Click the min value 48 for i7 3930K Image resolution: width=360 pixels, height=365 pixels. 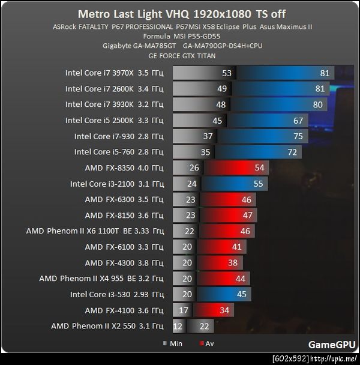tap(221, 104)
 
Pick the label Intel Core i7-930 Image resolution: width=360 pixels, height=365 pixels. tap(119, 136)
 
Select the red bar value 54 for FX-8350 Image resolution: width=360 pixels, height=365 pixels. tap(260, 168)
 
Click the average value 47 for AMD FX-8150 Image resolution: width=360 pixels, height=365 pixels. tap(246, 216)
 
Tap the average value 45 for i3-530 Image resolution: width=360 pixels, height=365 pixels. tap(242, 295)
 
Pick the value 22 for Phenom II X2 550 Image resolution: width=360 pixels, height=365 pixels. tap(205, 326)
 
